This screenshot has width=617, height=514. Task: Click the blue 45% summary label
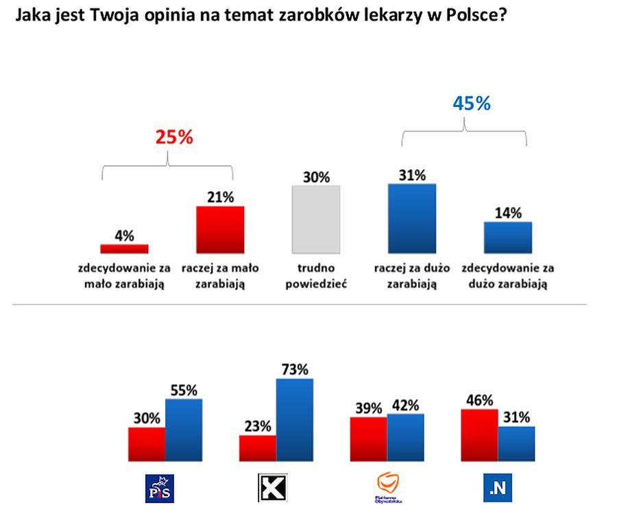point(472,103)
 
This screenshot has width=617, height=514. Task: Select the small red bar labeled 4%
point(124,248)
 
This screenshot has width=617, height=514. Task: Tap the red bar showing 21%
point(220,230)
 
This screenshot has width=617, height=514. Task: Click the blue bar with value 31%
point(411,218)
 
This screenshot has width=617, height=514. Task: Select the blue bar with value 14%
point(508,237)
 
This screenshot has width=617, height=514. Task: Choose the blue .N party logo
point(498,488)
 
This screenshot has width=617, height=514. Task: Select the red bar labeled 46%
point(479,435)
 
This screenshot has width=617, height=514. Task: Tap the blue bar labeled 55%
point(184,430)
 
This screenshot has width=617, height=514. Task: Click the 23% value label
point(258,425)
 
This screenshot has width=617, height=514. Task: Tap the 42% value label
point(406,404)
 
